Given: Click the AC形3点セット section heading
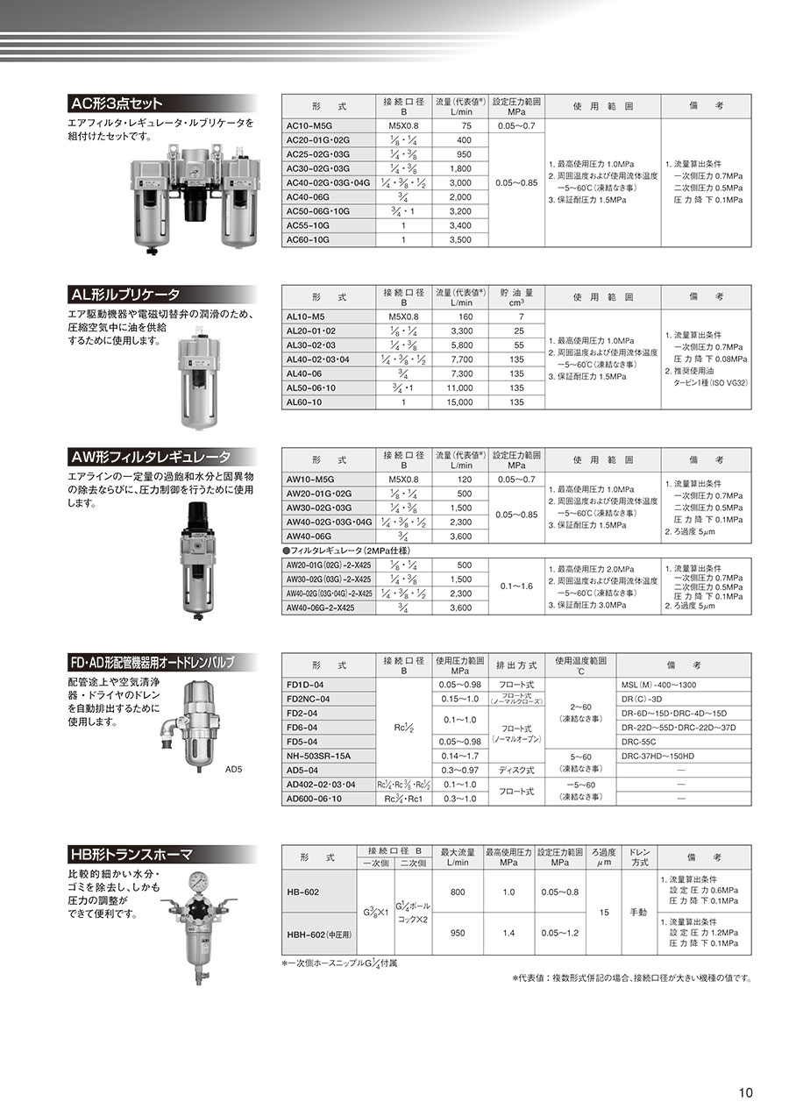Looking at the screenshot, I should (x=116, y=103).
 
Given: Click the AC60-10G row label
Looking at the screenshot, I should (x=309, y=238).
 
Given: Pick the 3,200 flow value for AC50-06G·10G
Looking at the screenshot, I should (x=460, y=210).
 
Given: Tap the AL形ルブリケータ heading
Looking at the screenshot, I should (x=124, y=295).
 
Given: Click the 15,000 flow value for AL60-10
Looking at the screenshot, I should (x=460, y=402).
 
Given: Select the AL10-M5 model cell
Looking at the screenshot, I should (x=306, y=316).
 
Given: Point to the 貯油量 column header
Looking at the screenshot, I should (x=517, y=297).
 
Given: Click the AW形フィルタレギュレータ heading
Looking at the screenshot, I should (x=150, y=457).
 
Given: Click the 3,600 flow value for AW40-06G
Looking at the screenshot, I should (x=460, y=536).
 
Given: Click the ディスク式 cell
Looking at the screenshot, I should (x=513, y=770).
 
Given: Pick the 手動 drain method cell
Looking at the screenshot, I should (x=637, y=913).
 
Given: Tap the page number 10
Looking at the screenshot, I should (x=744, y=1092).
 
